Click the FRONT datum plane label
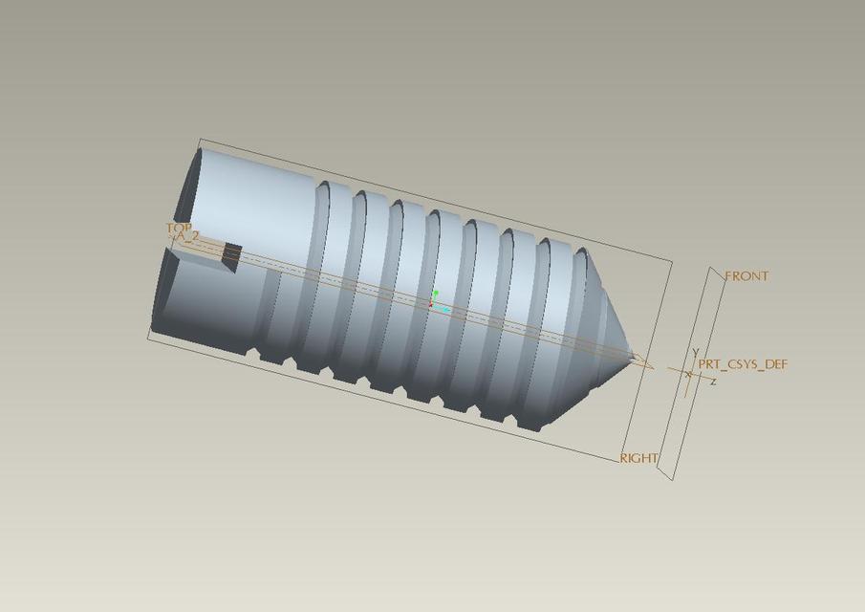pos(746,276)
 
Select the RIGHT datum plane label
pos(638,458)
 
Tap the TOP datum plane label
pos(179,228)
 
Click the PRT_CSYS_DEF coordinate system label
pos(743,364)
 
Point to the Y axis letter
pos(695,353)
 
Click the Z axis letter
pos(713,382)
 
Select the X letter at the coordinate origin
pos(688,373)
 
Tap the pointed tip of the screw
pos(634,356)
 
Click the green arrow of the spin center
pos(436,294)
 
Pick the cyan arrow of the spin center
pos(445,310)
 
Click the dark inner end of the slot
pos(231,254)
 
